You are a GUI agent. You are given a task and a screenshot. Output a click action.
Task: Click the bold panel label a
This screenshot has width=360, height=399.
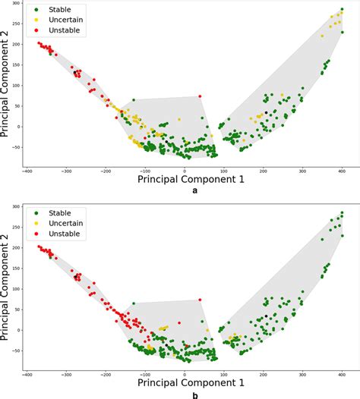pyautogui.click(x=195, y=192)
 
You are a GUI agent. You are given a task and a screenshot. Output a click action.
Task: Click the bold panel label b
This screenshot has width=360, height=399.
pyautogui.click(x=195, y=394)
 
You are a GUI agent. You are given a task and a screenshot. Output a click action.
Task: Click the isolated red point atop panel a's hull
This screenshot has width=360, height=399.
pyautogui.click(x=200, y=96)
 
